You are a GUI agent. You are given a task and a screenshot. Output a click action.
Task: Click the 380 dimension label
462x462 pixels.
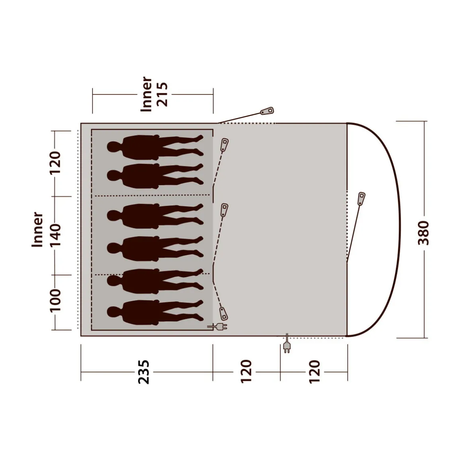[x=424, y=233]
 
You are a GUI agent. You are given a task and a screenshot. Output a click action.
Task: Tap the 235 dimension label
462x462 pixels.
[x=144, y=372]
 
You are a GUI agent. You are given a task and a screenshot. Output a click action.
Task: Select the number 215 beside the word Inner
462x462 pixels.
[x=162, y=94]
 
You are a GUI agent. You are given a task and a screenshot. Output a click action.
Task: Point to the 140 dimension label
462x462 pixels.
[x=55, y=235]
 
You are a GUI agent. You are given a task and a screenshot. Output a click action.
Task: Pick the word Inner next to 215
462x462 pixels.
[x=146, y=94]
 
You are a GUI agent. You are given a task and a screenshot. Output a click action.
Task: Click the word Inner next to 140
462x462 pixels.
[x=37, y=229]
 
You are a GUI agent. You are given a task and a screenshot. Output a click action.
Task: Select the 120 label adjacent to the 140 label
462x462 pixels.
[x=55, y=162]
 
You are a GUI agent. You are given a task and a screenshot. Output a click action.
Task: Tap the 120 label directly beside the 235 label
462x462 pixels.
[x=246, y=372]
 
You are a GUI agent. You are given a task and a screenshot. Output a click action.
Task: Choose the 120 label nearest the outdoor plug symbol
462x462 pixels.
[x=314, y=372]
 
